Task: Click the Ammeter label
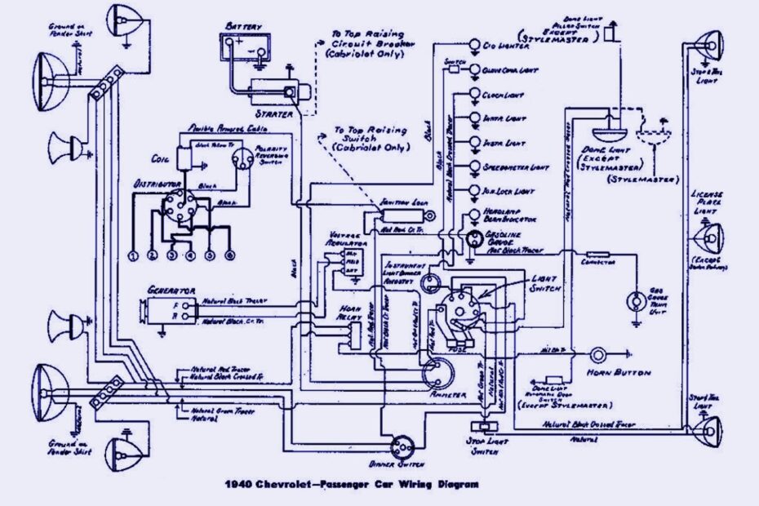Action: pos(448,394)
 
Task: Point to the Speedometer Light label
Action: pos(515,167)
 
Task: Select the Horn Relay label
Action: pos(350,313)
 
